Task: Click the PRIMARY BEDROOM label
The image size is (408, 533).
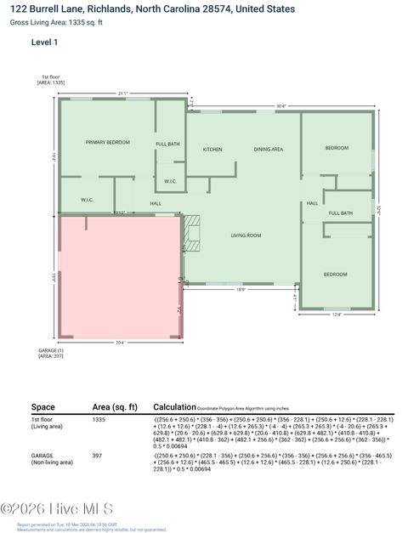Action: tap(107, 142)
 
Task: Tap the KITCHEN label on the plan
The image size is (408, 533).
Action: tap(212, 150)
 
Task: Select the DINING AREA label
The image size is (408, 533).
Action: tap(268, 150)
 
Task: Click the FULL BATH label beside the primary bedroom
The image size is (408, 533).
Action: tap(167, 144)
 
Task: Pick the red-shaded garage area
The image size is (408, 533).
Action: tap(119, 276)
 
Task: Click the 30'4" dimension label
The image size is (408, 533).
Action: tap(280, 106)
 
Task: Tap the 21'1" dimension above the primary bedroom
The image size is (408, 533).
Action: tap(122, 93)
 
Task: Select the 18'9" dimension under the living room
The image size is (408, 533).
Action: tap(241, 290)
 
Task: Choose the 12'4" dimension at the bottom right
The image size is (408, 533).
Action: tap(336, 315)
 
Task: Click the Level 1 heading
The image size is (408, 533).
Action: tap(44, 42)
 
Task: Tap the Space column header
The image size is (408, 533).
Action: tap(43, 406)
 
